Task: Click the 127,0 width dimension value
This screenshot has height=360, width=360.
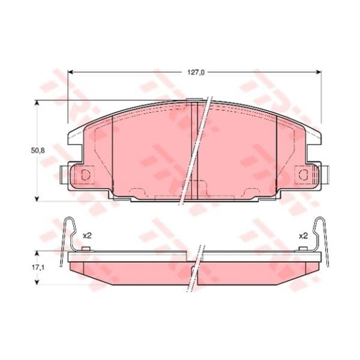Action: (x=196, y=73)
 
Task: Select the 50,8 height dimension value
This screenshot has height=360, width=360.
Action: (x=38, y=151)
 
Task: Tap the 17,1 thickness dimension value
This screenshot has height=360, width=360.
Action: (x=37, y=268)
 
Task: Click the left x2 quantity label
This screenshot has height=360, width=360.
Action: (x=87, y=236)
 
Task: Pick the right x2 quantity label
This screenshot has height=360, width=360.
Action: (x=303, y=236)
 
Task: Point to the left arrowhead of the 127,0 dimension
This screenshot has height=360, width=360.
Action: (x=71, y=73)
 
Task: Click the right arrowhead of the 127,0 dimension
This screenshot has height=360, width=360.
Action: (x=318, y=73)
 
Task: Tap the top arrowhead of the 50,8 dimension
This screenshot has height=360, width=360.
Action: (x=36, y=103)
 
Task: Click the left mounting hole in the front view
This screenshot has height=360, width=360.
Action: (x=85, y=175)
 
